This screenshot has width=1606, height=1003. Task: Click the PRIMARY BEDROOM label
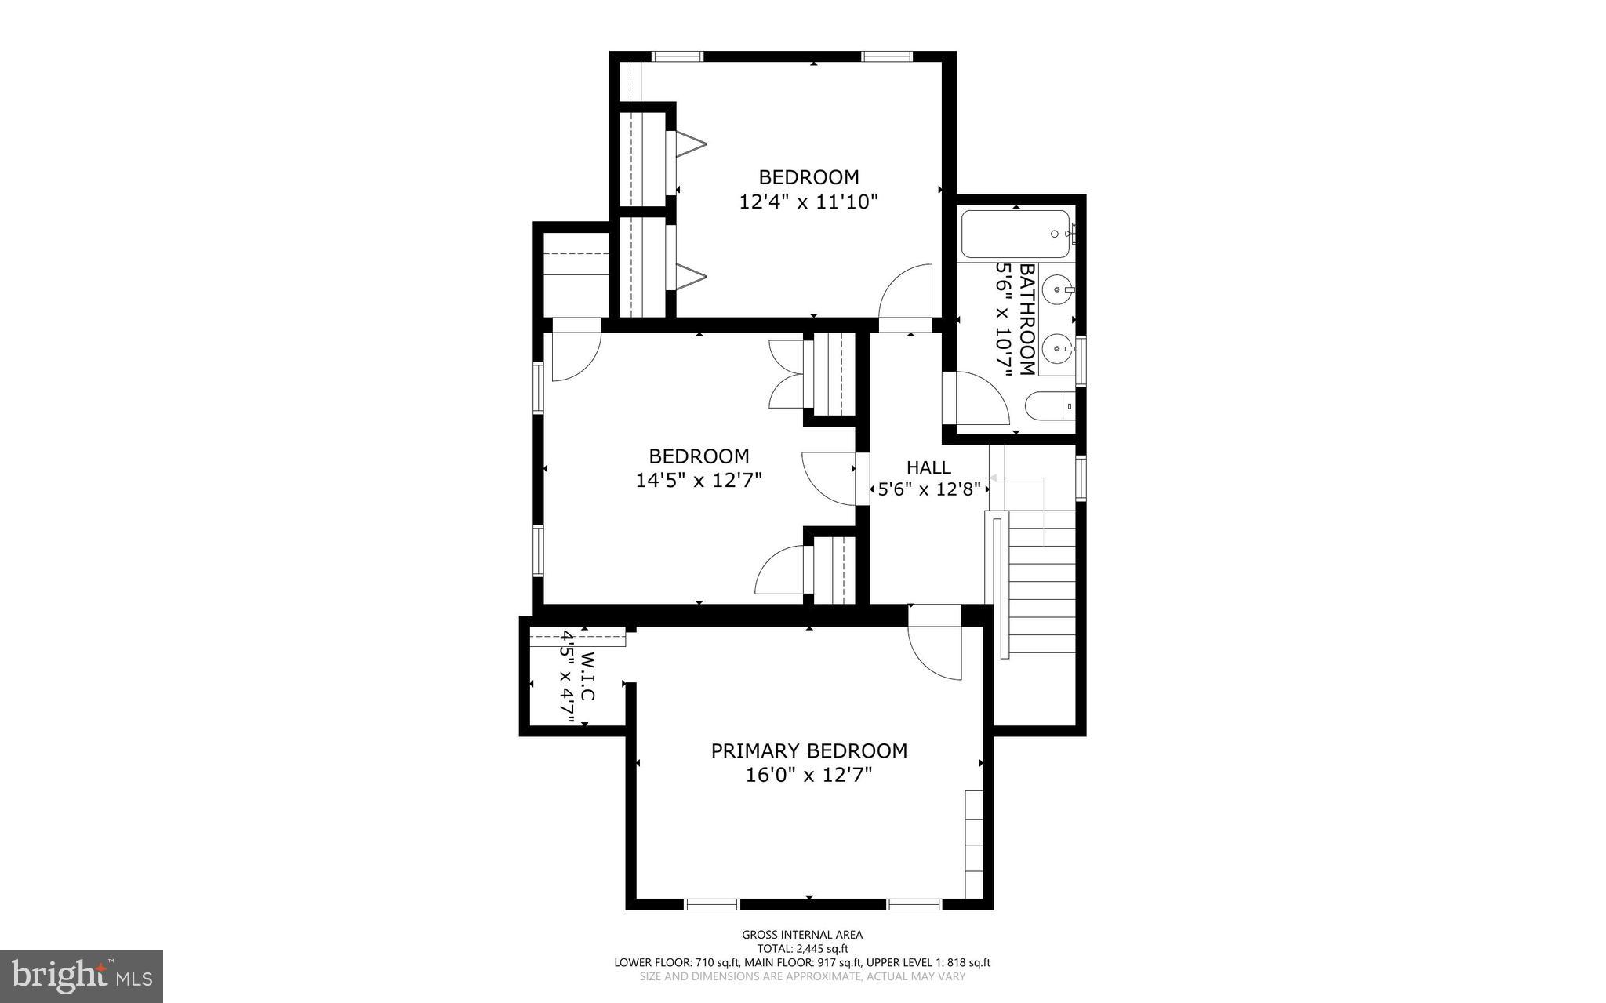[808, 750]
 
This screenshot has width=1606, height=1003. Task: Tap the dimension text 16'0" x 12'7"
[808, 776]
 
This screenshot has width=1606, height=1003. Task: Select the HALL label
[928, 467]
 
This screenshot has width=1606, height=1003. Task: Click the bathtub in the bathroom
[1015, 234]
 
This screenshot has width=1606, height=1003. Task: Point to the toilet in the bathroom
[1049, 406]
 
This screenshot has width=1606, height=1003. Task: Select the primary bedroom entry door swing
[936, 652]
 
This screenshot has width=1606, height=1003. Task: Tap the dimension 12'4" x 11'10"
[808, 202]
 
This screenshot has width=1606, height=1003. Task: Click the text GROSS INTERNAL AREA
[802, 934]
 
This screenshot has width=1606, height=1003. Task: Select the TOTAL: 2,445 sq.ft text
[802, 948]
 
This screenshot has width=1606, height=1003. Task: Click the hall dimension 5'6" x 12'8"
[928, 490]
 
